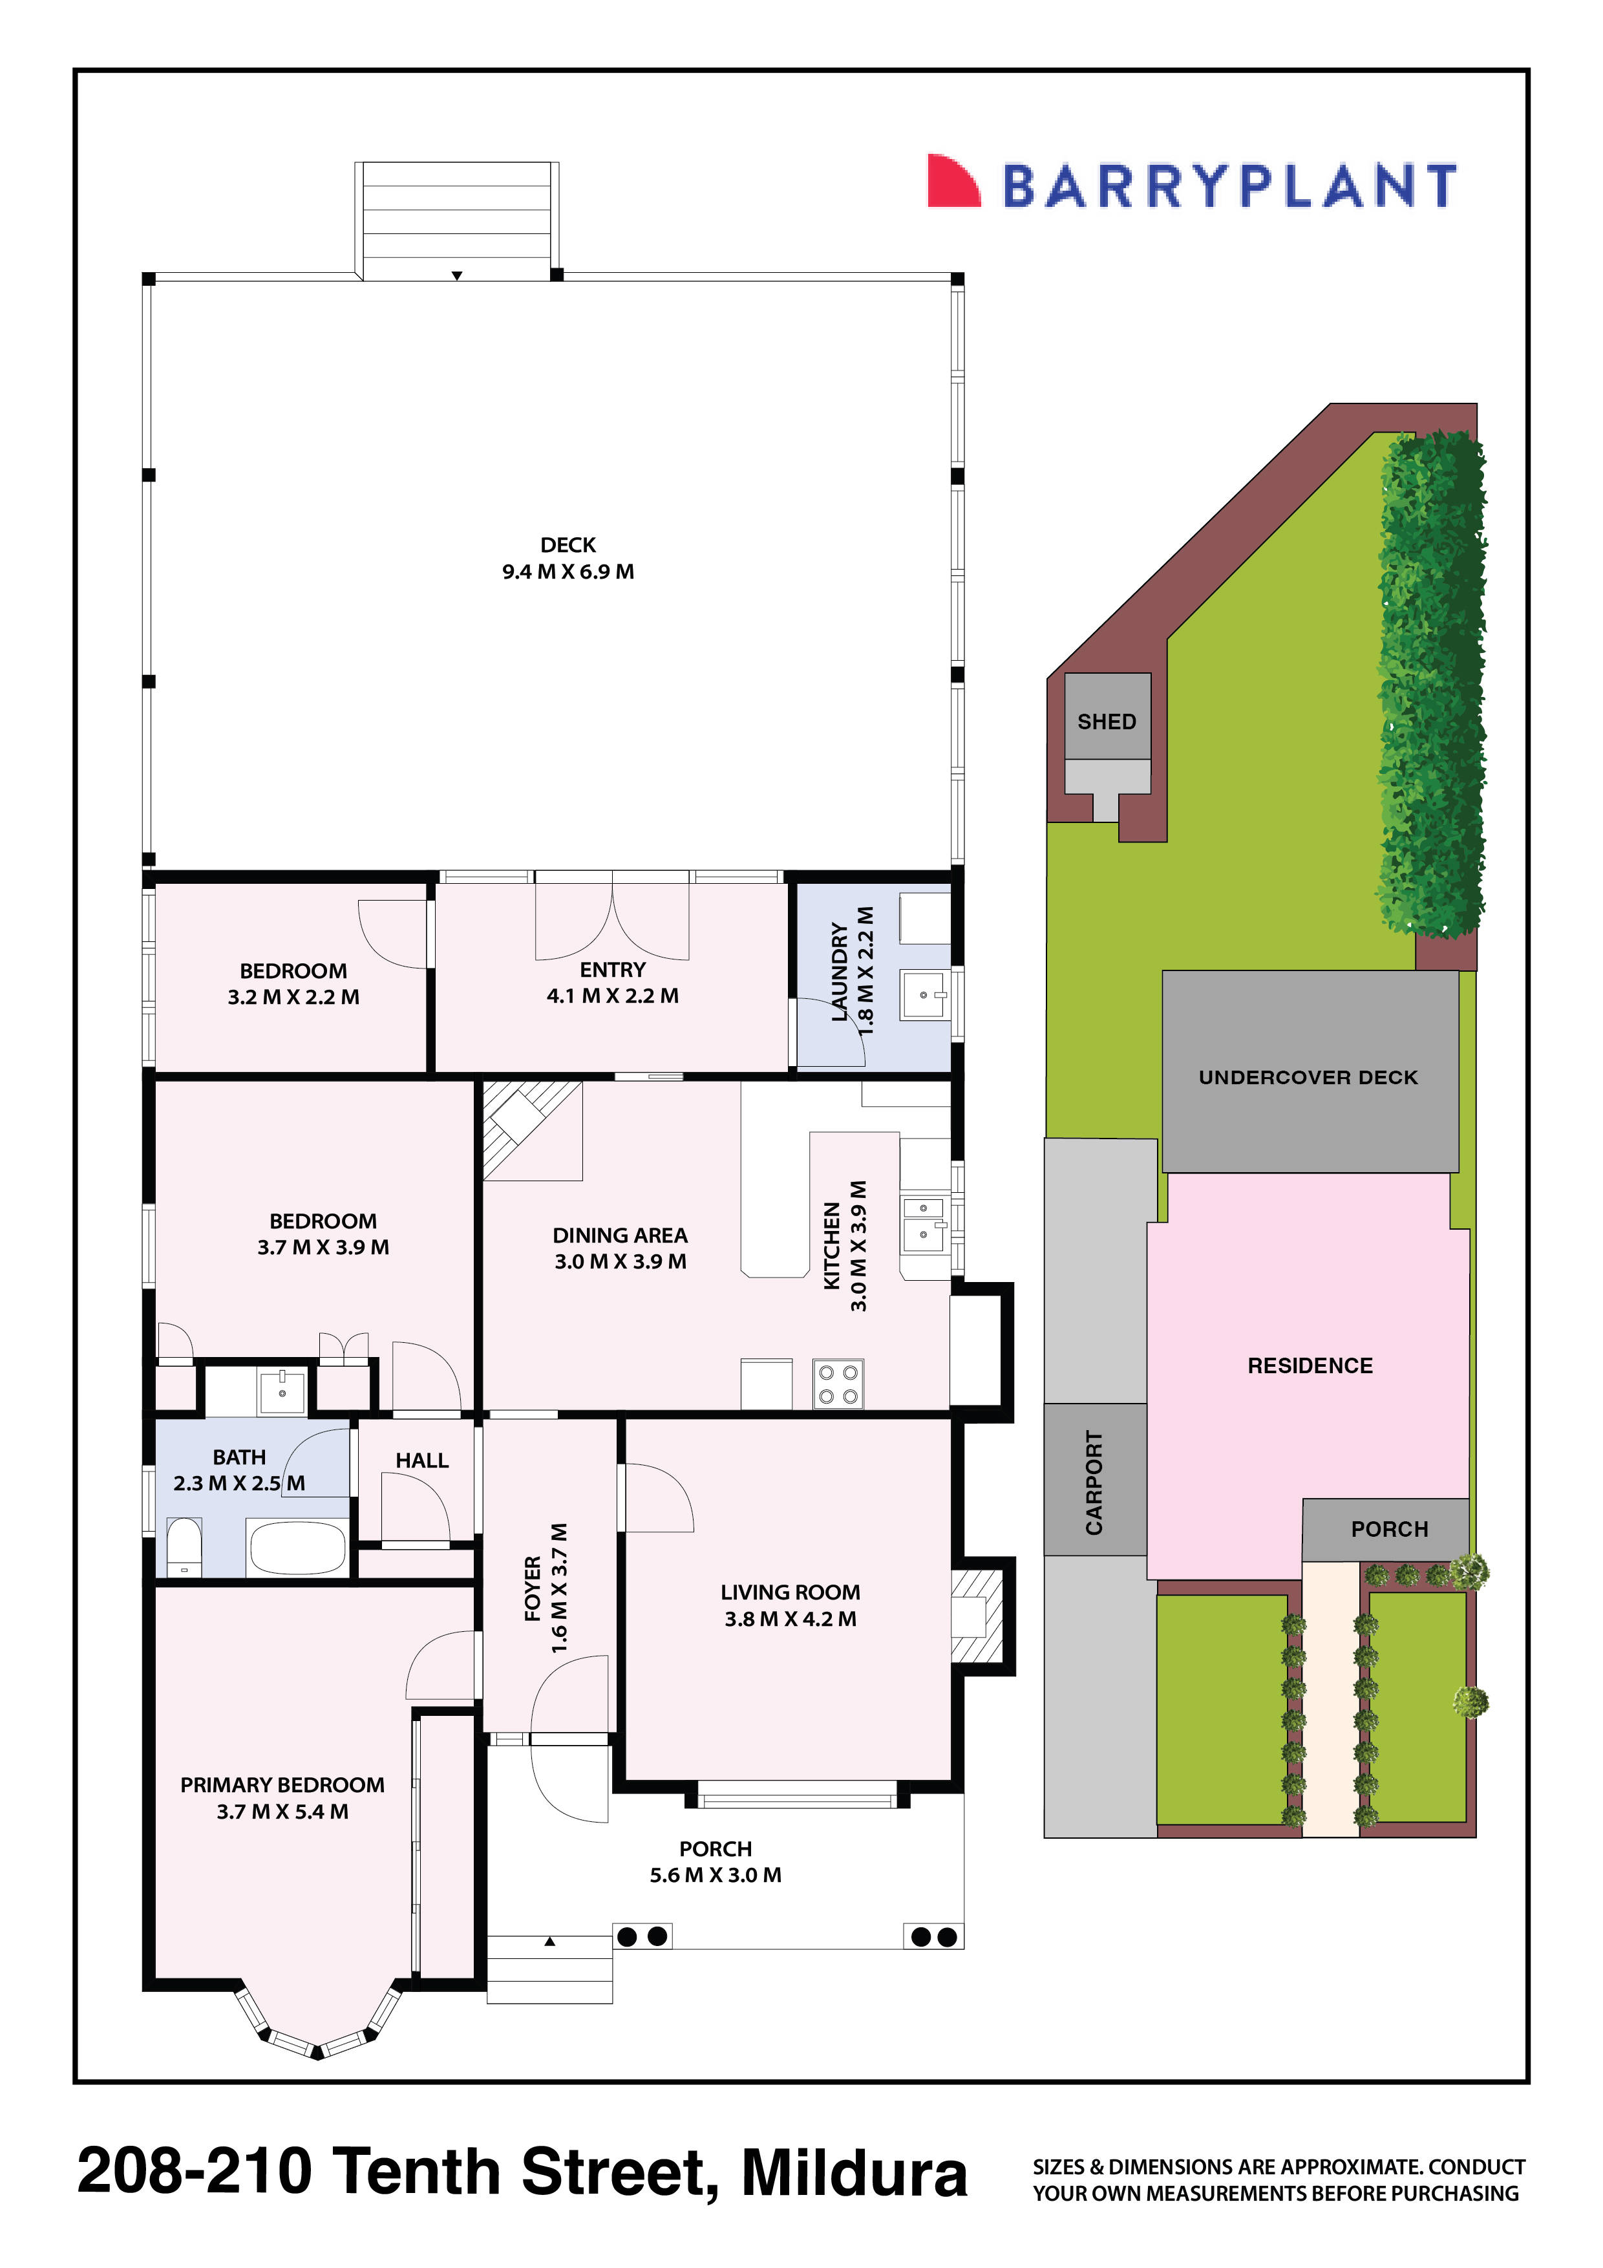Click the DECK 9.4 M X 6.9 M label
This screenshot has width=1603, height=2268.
click(x=568, y=558)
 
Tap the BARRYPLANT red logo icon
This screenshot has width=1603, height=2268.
click(x=951, y=182)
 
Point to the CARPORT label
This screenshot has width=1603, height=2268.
click(x=1094, y=1482)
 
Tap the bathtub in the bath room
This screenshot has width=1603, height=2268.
click(x=297, y=1548)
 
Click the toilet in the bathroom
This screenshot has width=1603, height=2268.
click(x=184, y=1548)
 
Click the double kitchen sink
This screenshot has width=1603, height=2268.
click(x=924, y=1224)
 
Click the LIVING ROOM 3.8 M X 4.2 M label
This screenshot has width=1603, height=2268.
click(x=790, y=1605)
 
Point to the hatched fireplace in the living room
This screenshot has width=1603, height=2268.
click(x=976, y=1616)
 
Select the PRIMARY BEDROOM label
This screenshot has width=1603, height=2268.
click(x=282, y=1798)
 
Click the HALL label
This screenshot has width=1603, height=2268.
click(x=421, y=1460)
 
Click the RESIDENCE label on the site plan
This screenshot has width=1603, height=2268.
click(x=1310, y=1366)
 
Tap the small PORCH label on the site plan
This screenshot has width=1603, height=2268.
click(x=1388, y=1529)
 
